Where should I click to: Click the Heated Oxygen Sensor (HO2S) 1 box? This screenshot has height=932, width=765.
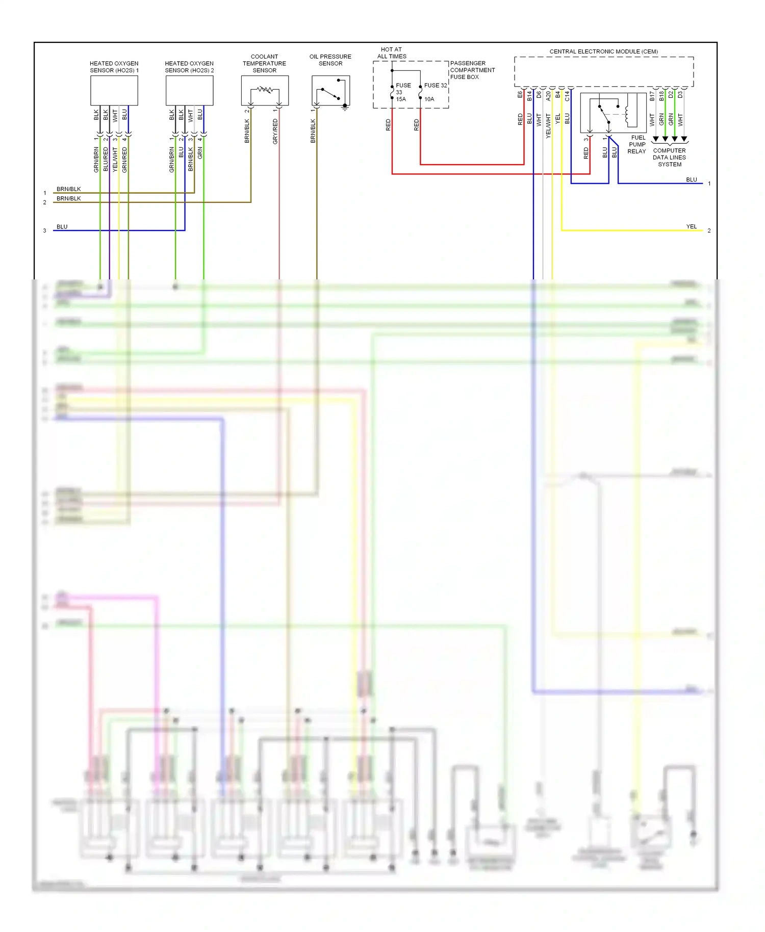[x=114, y=91]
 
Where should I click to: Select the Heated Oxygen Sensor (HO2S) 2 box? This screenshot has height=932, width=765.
[x=189, y=91]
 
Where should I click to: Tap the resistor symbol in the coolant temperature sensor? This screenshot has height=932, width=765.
[x=265, y=90]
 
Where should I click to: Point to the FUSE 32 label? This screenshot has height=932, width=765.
[x=436, y=85]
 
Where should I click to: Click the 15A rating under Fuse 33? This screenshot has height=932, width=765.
[x=401, y=99]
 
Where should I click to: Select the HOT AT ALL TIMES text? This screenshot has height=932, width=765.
[x=392, y=53]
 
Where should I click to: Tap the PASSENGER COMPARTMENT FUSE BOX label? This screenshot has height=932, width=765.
[x=472, y=70]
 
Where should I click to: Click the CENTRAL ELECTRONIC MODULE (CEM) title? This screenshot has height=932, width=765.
[x=603, y=51]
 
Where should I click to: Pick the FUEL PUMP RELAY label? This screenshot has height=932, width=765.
[x=637, y=144]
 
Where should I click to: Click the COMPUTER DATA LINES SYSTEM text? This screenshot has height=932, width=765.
[x=669, y=158]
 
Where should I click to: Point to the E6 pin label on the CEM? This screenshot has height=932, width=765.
[x=520, y=95]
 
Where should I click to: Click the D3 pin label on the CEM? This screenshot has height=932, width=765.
[x=680, y=95]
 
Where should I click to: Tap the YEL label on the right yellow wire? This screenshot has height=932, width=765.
[x=691, y=226]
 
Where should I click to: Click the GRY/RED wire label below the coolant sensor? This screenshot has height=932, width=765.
[x=275, y=132]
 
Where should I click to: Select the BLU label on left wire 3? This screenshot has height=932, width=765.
[x=62, y=227]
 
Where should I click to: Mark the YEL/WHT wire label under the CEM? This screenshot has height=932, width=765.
[x=548, y=125]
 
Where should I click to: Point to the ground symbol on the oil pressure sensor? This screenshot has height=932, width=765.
[x=345, y=108]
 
